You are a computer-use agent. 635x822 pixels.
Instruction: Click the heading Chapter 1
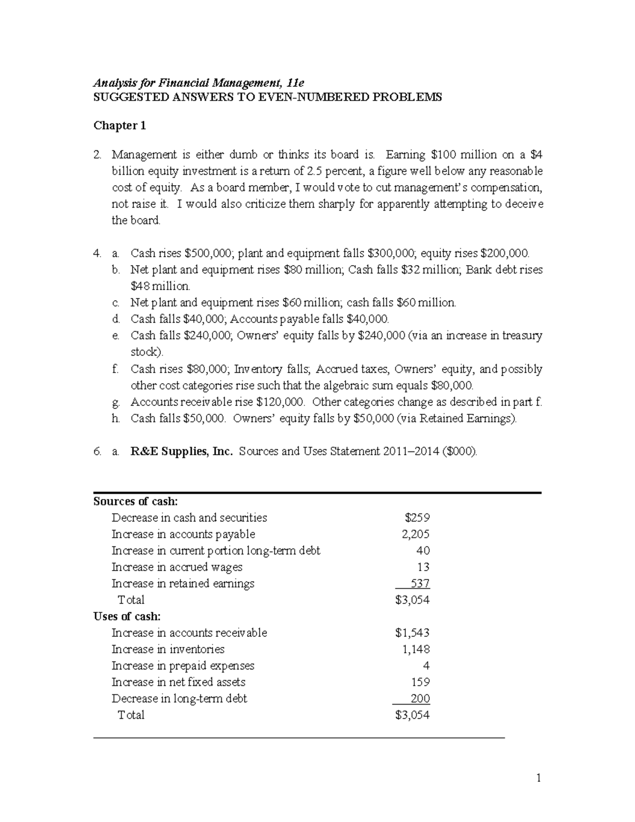click(120, 126)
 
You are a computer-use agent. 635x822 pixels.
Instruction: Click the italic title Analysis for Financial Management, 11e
click(198, 83)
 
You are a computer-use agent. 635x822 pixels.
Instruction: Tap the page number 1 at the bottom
click(538, 778)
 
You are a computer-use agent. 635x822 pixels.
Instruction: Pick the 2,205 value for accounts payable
click(415, 534)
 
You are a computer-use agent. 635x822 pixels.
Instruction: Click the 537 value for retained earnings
click(421, 583)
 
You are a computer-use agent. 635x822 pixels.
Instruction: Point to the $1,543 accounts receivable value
click(412, 633)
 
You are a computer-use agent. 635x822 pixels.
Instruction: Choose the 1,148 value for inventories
click(415, 649)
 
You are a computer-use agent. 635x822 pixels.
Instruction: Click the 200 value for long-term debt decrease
click(420, 699)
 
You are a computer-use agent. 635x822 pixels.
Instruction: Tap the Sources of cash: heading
click(135, 501)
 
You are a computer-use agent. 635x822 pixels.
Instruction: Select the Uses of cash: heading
click(127, 616)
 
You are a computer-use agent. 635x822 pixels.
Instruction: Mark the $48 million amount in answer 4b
click(160, 286)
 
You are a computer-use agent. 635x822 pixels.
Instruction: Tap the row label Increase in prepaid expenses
click(183, 665)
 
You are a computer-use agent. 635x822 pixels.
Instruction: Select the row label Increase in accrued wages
click(177, 567)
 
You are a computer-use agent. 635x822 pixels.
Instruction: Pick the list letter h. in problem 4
click(116, 419)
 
